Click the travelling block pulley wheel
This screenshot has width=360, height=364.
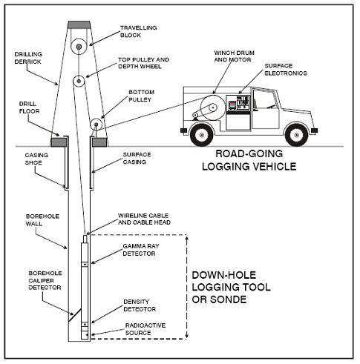pos(79,47)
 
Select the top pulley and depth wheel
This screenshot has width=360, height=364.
pos(79,81)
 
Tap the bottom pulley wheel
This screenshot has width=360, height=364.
pos(96,124)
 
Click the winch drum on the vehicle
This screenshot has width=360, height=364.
pos(212,107)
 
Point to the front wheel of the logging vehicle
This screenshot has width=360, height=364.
pos(297,135)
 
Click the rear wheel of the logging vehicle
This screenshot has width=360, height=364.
pos(201,135)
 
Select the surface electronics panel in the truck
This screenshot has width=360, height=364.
pos(238,103)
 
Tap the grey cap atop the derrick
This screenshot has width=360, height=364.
pos(79,24)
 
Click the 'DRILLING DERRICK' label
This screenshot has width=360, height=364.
pos(28,58)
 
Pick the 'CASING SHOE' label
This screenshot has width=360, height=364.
pos(36,159)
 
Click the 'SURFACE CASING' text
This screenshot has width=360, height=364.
pos(137,158)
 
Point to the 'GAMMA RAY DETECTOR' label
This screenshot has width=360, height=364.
pos(141,250)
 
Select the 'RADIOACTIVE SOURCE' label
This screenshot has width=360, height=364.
pos(145,329)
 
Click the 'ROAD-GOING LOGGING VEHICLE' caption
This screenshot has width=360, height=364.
pos(249,160)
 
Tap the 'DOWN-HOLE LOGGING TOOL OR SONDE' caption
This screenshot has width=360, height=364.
pos(231,287)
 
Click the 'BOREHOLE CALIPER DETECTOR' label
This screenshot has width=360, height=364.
pos(45,280)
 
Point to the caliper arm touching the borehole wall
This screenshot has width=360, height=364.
pos(75,314)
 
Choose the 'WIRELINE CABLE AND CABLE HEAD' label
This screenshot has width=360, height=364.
pos(144,219)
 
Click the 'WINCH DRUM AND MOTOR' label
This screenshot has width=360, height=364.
pos(234,56)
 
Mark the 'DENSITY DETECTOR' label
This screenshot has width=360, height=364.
pos(140,305)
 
